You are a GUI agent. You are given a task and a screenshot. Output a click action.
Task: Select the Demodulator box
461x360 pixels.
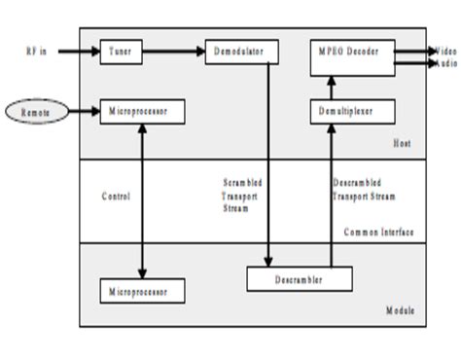(241, 51)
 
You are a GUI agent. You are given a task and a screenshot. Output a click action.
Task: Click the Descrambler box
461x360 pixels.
(298, 279)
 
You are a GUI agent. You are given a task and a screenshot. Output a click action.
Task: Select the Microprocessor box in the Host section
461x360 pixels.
(143, 112)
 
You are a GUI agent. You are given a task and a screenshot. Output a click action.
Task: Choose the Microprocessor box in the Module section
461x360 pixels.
(143, 289)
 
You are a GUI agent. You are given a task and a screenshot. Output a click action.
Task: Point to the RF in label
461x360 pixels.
(37, 51)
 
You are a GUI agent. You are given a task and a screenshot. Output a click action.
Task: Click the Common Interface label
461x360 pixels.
(379, 232)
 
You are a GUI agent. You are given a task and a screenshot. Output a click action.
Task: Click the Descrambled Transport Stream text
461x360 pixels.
(361, 189)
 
